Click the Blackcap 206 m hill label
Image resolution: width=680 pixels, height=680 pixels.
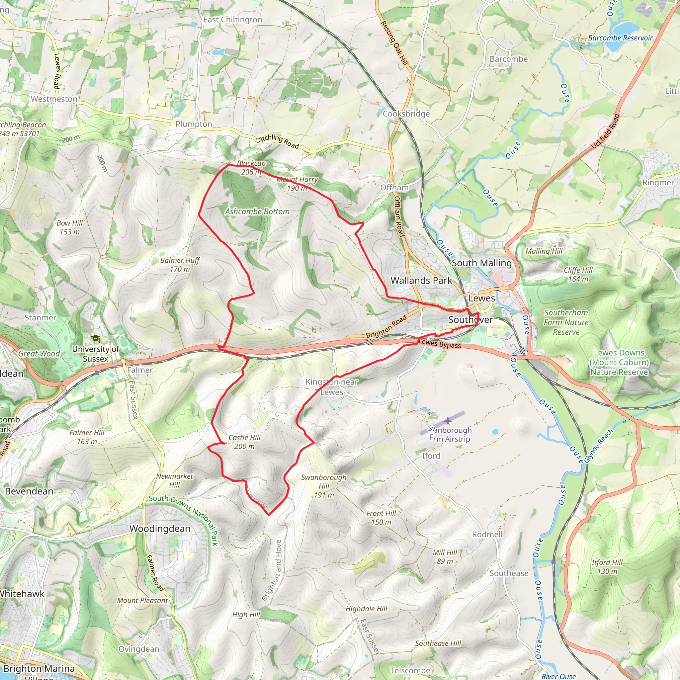[251, 168]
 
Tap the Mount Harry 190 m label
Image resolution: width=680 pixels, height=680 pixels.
[297, 184]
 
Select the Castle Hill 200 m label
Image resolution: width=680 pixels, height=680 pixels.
[244, 442]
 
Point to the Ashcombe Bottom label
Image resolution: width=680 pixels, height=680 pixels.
[257, 212]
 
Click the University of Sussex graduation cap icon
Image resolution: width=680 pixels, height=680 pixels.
[96, 339]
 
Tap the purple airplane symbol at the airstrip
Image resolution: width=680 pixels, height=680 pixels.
[447, 420]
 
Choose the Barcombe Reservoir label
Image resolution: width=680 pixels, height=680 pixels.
[620, 38]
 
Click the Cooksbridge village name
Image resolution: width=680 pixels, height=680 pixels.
[406, 114]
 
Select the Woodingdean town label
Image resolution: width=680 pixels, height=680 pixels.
[160, 529]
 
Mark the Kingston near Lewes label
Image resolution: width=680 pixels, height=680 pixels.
[332, 387]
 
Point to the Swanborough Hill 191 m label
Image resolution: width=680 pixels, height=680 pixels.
[324, 486]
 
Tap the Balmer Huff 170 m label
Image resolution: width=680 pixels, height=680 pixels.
[180, 265]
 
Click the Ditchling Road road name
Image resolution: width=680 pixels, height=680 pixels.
[277, 141]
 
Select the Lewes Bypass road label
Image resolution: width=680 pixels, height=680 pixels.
[440, 344]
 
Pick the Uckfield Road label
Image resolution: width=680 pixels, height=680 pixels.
[605, 131]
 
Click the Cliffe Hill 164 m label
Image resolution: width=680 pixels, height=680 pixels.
[578, 275]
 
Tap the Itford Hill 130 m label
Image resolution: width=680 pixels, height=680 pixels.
[607, 567]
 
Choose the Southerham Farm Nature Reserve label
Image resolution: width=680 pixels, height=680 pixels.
[566, 322]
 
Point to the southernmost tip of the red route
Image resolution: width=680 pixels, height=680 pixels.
[269, 515]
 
